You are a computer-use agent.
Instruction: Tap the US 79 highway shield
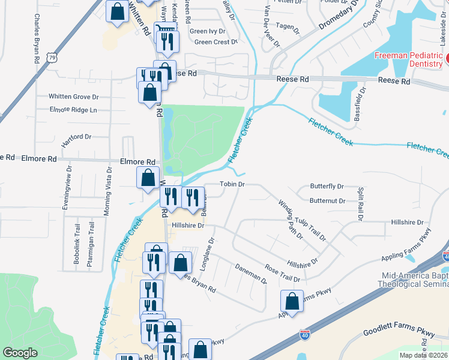coord(52,58)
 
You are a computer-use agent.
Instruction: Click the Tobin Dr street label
coord(232,184)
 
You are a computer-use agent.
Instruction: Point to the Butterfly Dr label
coord(327,187)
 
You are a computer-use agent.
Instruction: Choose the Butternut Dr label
coord(328,201)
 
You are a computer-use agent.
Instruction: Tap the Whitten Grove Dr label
coord(74,97)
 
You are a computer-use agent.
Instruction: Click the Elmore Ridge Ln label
coord(74,110)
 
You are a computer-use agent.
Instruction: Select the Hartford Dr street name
coord(76,140)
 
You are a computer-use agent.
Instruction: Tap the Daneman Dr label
coord(250,273)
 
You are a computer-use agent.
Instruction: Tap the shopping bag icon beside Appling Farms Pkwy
coord(292,301)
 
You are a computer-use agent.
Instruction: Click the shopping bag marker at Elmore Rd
coord(148,178)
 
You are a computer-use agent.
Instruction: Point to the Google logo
coord(20,353)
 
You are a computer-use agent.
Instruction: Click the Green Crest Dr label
coord(217,42)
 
